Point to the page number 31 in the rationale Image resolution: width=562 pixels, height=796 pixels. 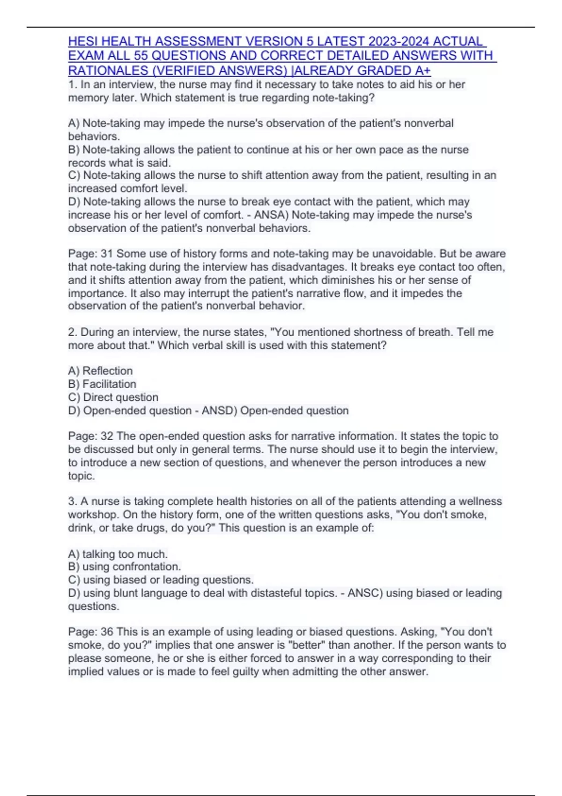(x=107, y=254)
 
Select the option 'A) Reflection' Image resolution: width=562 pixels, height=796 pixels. (x=100, y=371)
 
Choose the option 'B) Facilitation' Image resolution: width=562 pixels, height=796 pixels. (x=102, y=384)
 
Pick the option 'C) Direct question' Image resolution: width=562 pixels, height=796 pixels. (x=113, y=398)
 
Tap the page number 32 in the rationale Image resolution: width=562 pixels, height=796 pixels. (x=107, y=436)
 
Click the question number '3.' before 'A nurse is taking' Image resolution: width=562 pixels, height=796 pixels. (x=73, y=501)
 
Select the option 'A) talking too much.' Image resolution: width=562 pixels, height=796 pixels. (x=118, y=554)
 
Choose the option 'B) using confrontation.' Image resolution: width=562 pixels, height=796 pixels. (x=124, y=567)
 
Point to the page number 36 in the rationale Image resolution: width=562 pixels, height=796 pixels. (x=107, y=632)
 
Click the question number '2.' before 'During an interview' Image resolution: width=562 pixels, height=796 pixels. (x=73, y=332)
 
